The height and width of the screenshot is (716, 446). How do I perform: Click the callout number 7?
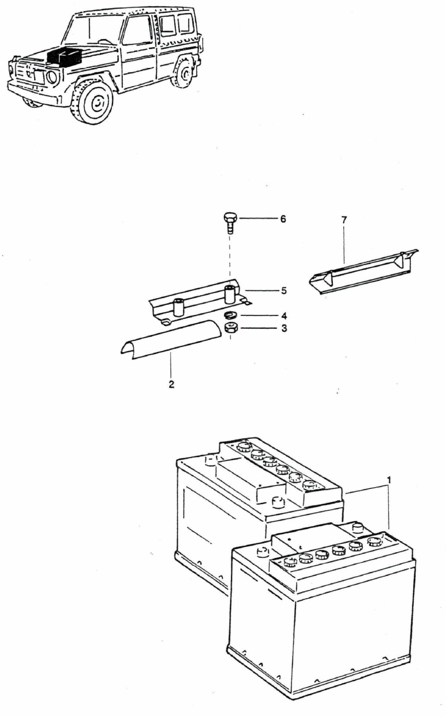pos(343,220)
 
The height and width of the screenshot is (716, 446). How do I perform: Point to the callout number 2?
pos(172,385)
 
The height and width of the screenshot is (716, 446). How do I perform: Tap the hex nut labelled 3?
pos(231,329)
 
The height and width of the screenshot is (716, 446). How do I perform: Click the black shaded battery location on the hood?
pos(64,57)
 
